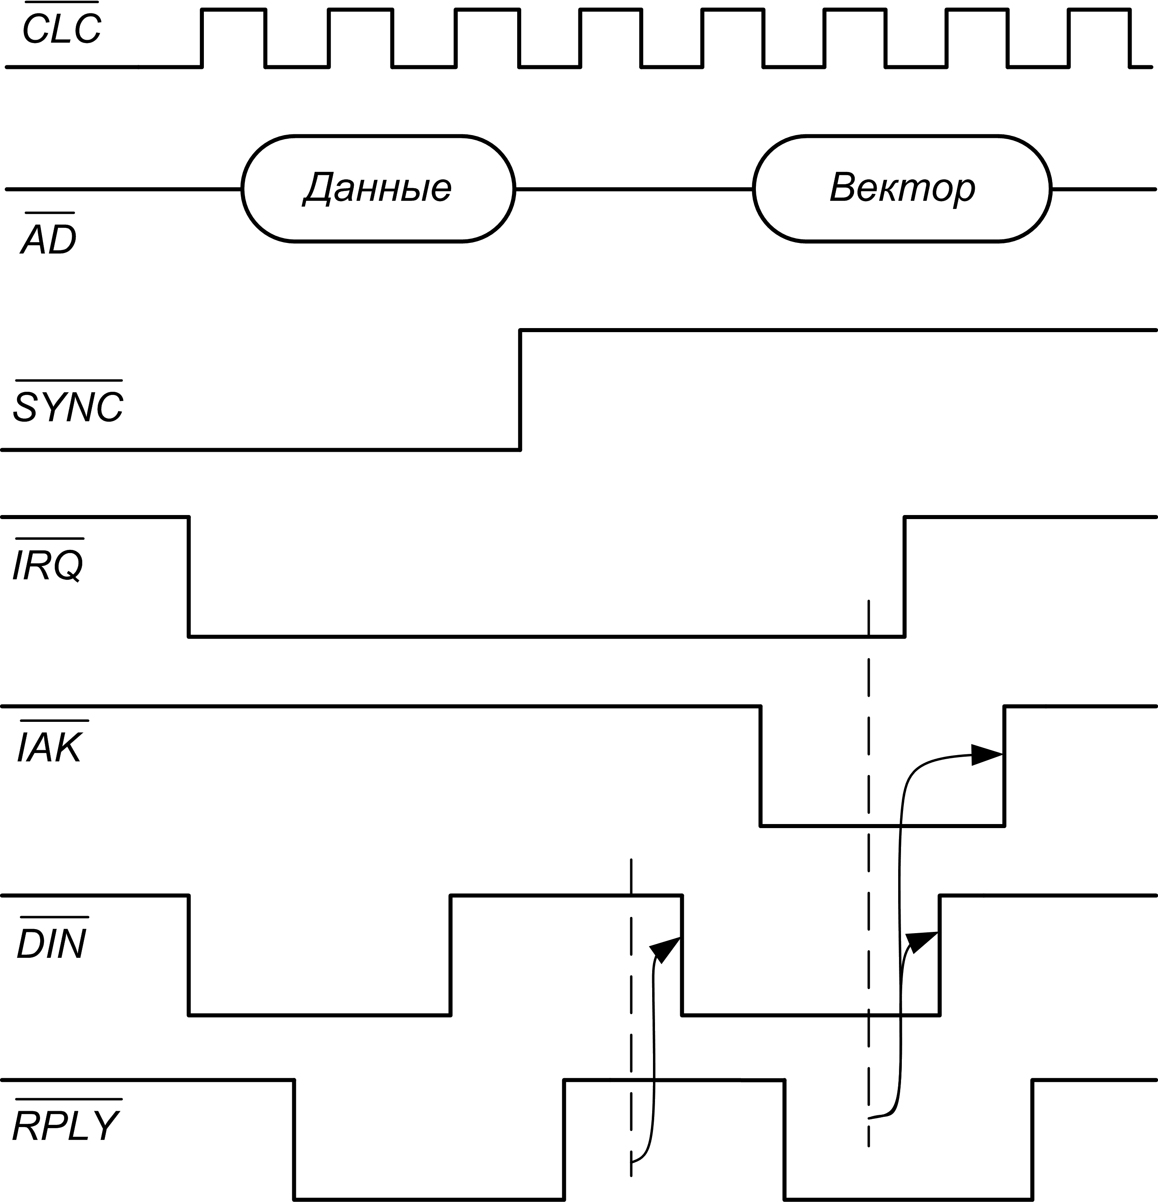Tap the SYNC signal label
tap(68, 406)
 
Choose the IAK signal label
tap(49, 746)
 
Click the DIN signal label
tap(51, 943)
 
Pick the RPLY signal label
tap(66, 1125)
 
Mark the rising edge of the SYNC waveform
tap(520, 390)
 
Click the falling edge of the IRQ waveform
tap(188, 577)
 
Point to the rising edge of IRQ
tap(904, 577)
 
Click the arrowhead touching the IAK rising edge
tap(987, 755)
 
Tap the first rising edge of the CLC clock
tap(202, 38)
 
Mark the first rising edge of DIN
tap(451, 955)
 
